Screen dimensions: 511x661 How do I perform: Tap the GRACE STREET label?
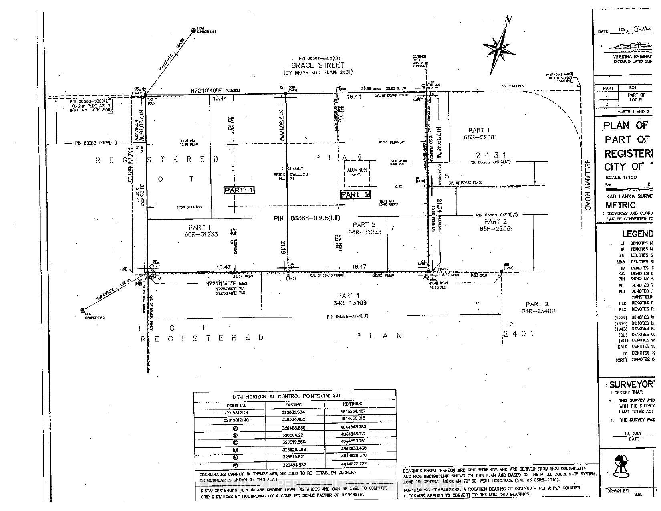[317, 65]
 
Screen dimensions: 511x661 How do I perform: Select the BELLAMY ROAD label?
[587, 185]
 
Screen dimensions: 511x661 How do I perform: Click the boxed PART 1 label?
[239, 190]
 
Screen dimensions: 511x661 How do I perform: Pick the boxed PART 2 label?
[355, 195]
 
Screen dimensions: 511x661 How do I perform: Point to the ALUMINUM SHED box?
[357, 172]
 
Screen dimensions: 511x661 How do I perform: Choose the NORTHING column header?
[352, 404]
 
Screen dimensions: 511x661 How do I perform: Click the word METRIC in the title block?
[621, 205]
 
